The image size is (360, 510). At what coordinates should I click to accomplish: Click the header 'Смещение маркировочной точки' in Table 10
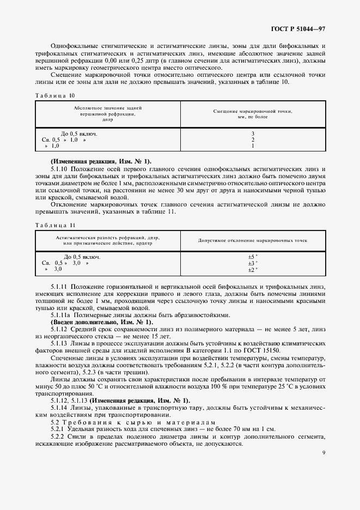click(252, 111)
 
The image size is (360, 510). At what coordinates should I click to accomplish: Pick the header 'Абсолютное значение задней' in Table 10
click(107, 108)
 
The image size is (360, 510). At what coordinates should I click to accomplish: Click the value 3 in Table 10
click(253, 133)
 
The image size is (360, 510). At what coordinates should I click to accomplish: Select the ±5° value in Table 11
click(252, 257)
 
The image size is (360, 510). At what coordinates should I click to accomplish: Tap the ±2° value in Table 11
click(252, 269)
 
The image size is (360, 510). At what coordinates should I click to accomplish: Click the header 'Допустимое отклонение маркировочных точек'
click(253, 240)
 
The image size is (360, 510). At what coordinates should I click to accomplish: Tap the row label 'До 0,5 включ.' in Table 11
click(82, 257)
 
